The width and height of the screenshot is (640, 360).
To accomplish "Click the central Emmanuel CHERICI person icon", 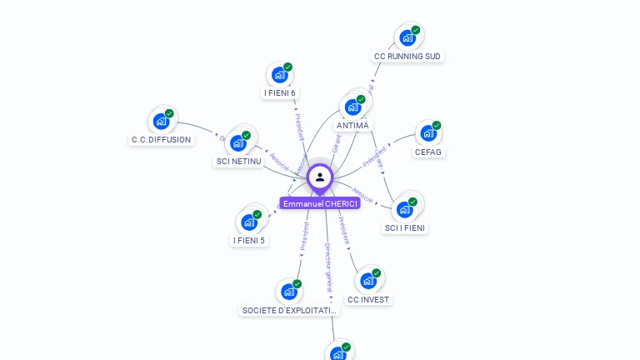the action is pos(320,177).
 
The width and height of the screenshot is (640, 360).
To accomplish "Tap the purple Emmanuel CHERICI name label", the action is pos(320,203).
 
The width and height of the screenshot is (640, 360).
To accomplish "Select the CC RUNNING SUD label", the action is pos(407,57).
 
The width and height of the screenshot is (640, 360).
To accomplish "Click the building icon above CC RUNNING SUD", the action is pos(407,37).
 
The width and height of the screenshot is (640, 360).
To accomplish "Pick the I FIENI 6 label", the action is pos(280,93).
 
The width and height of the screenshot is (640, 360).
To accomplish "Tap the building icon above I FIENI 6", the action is pos(279,75).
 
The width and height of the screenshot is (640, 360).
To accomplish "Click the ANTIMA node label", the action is pos(352,126).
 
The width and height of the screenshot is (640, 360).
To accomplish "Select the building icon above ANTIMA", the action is pos(352,107).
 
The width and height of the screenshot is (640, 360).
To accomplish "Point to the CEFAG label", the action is pos(427,152).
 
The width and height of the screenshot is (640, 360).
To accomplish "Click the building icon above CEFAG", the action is pos(427,133).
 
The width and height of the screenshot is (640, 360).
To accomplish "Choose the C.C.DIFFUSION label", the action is pos(161,140).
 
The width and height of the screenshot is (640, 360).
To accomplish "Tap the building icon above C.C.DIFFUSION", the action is pos(161,122).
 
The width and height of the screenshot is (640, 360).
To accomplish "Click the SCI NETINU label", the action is pos(238,161).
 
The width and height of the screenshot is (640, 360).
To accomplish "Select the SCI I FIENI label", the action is pos(406,227).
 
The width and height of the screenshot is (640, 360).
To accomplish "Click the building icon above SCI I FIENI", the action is pos(405,209).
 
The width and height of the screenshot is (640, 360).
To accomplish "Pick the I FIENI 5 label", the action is pos(249,241).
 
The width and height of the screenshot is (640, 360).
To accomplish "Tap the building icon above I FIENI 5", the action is pos(248,222).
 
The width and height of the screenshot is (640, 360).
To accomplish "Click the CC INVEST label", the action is pos(368,299).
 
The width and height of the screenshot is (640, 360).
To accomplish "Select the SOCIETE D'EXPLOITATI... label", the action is pos(289,311).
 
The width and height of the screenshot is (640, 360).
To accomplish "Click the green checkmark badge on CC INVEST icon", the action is pos(376,273).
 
